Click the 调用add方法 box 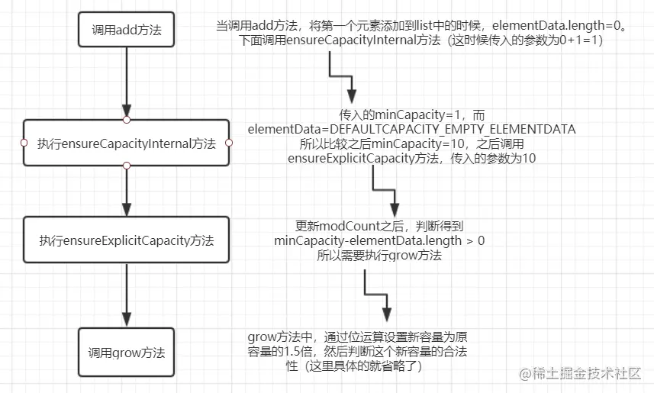coord(126,31)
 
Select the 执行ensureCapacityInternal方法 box coord(126,143)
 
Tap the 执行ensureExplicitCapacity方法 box coord(126,240)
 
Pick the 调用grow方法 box coord(126,353)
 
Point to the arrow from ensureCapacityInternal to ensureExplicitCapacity coord(127,191)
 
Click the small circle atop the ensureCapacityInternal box coord(127,120)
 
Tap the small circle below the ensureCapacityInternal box coord(127,166)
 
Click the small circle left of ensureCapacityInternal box coord(24,143)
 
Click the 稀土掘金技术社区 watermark coord(581,374)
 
